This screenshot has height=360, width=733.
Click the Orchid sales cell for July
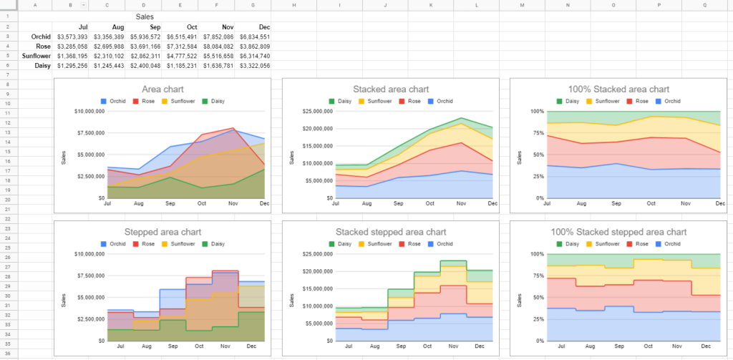72,37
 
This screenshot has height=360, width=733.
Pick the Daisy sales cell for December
254,65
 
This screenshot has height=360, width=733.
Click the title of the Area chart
162,89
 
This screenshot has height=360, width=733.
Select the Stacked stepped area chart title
390,232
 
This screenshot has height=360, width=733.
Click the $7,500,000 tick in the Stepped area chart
92,276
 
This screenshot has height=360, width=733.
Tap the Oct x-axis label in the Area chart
201,204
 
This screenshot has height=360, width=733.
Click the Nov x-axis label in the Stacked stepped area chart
453,346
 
